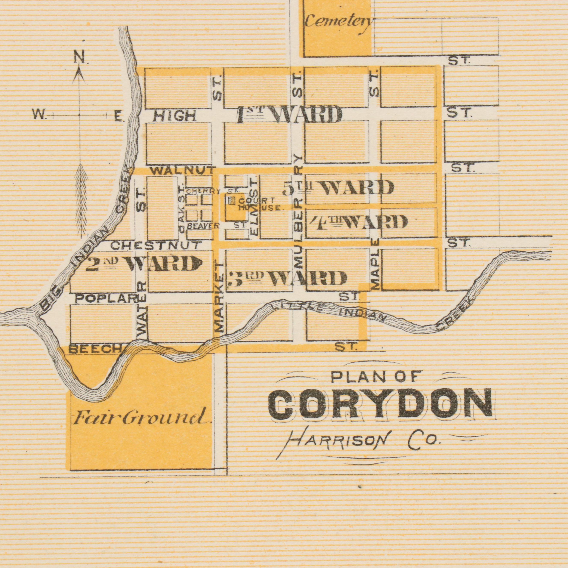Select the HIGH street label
tap(175, 116)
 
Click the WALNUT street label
tap(182, 170)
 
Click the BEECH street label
tap(94, 349)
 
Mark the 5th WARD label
tap(338, 188)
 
